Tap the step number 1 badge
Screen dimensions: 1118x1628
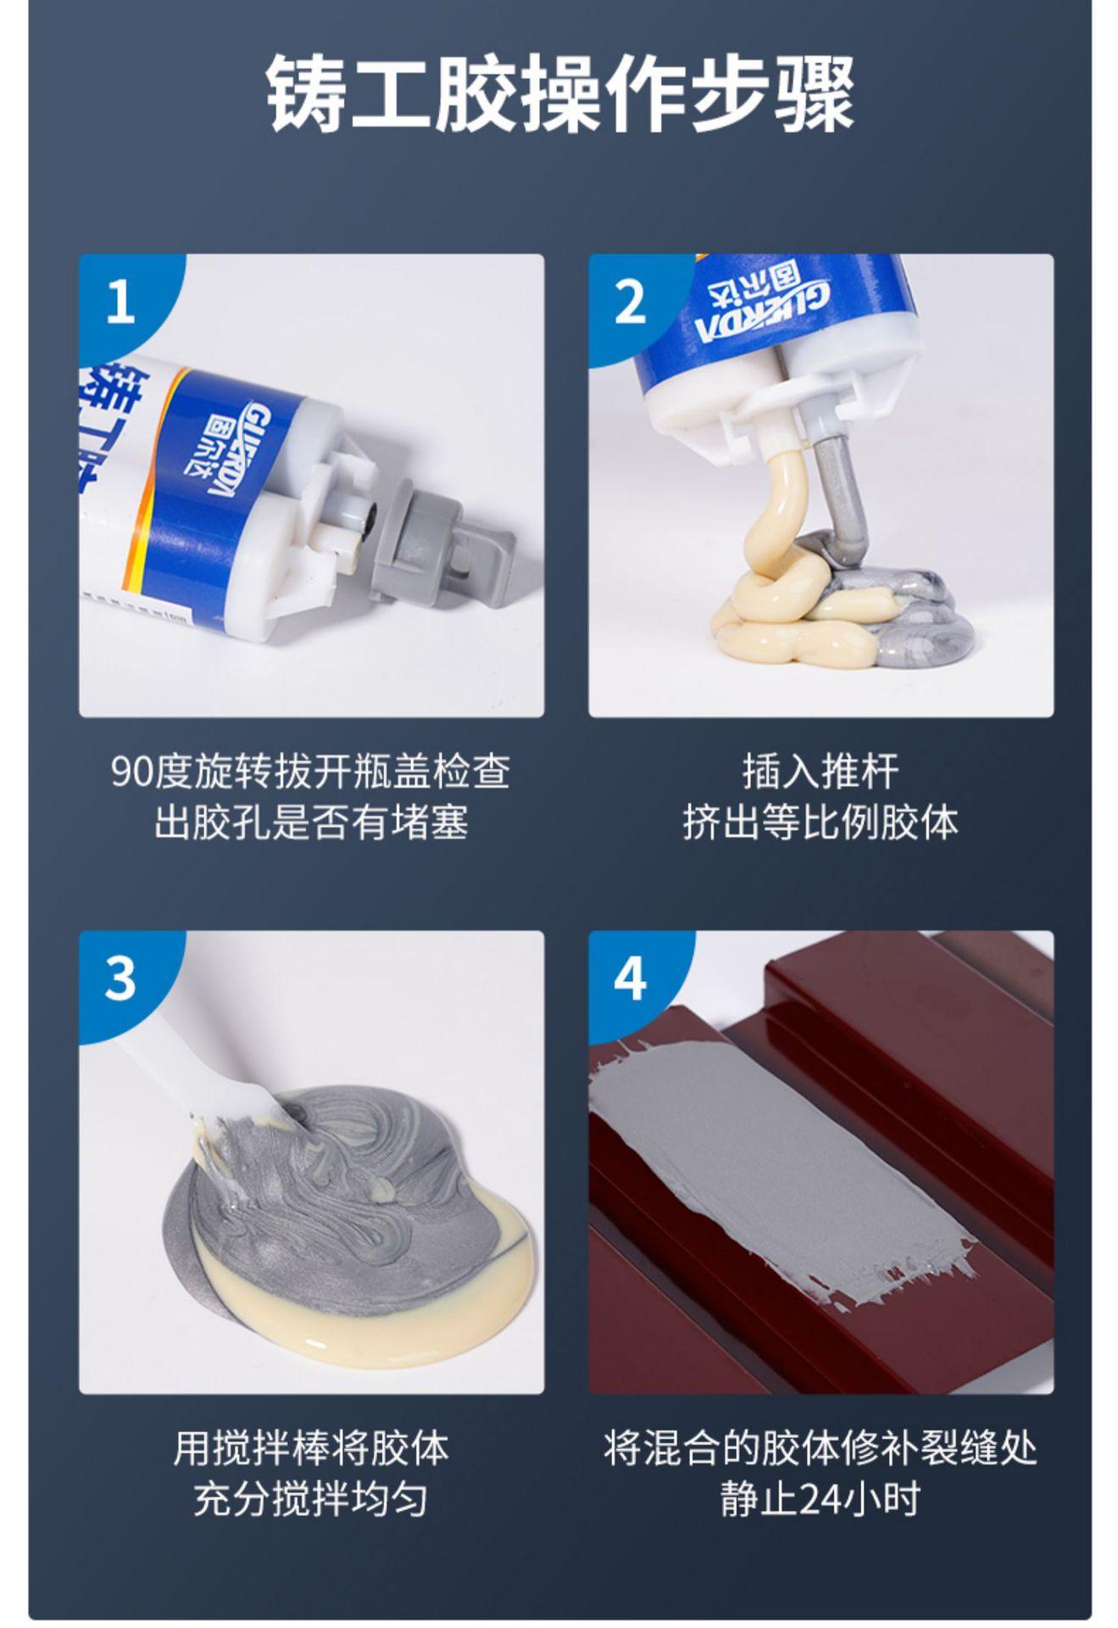(x=120, y=301)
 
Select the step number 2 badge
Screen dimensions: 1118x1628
(x=629, y=301)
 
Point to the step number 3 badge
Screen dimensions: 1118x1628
(x=120, y=978)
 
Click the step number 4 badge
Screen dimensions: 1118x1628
(x=629, y=978)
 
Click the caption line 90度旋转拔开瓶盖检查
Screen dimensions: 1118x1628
(x=311, y=772)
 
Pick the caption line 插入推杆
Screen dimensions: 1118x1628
(x=820, y=772)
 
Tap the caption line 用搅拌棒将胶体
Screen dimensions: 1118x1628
(x=311, y=1448)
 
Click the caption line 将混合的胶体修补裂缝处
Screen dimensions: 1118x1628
(x=820, y=1448)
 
